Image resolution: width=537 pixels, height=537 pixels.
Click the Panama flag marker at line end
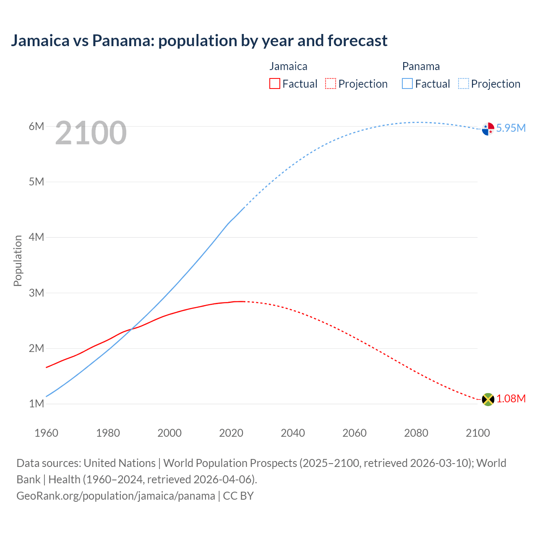[488, 129]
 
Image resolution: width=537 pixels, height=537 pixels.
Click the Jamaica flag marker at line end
[488, 399]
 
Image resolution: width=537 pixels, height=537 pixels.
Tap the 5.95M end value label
[511, 128]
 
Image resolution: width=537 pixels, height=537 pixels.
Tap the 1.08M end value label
[511, 399]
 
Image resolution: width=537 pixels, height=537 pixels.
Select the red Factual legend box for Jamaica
[274, 84]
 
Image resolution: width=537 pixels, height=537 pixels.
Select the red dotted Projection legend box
[331, 84]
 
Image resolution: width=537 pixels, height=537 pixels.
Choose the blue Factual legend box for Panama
[407, 84]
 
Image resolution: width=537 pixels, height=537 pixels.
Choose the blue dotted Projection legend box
[463, 84]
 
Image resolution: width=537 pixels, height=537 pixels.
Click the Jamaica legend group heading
[288, 66]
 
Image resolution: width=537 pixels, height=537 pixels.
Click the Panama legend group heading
[421, 66]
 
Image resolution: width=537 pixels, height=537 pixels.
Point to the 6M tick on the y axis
[36, 126]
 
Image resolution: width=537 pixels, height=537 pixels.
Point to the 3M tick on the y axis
[36, 293]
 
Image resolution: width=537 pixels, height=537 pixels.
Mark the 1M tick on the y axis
[36, 404]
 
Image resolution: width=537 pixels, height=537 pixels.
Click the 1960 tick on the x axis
[46, 433]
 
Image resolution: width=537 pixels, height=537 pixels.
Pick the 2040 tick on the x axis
[293, 433]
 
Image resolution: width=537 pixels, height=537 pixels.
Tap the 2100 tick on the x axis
[478, 433]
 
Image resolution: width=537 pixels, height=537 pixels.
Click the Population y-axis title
[18, 261]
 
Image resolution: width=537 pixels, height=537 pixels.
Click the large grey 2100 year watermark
[91, 133]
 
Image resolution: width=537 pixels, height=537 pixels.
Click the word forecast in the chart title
[357, 41]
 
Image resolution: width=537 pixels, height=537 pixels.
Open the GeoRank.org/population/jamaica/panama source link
[115, 496]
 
